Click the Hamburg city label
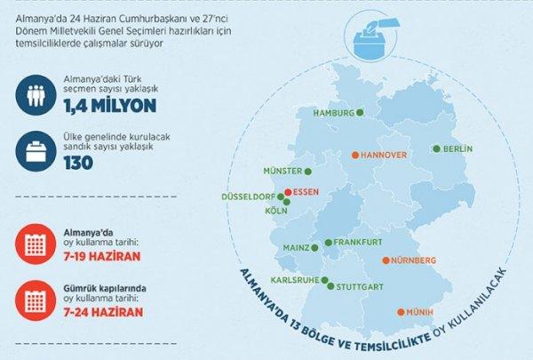pos(334,113)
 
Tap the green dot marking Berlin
pos(436,148)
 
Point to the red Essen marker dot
pos(288,192)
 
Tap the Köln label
pos(275,212)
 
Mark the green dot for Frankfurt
pos(329,242)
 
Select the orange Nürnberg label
pos(414,260)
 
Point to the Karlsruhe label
pos(291,279)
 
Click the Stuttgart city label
pos(361,286)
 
